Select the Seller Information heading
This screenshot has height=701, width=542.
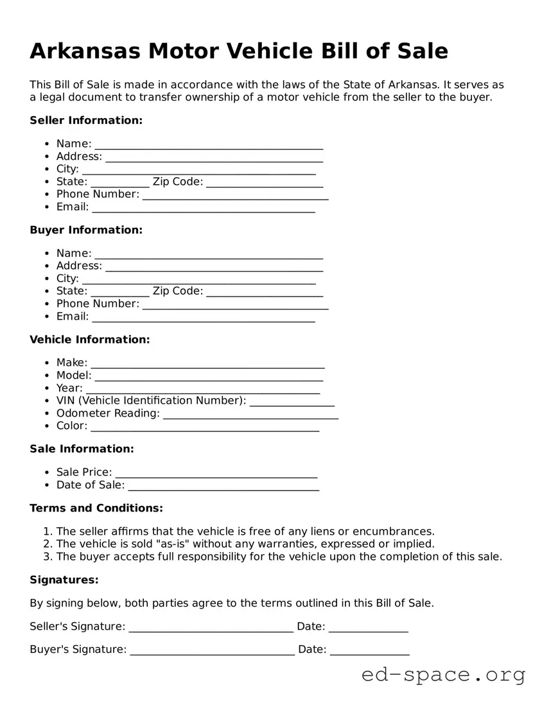tap(86, 120)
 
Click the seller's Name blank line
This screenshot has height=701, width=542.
tap(209, 144)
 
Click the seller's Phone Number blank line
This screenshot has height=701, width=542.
tap(235, 195)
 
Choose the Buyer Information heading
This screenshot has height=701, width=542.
tap(86, 230)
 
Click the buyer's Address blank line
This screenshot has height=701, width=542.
tap(214, 266)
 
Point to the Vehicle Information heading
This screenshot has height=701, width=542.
tap(89, 339)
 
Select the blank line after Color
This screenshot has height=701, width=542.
tap(205, 427)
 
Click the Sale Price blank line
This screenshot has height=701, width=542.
tap(216, 473)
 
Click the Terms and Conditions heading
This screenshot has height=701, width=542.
tap(96, 508)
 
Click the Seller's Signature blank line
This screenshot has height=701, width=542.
tap(211, 627)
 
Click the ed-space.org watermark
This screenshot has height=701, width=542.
tap(443, 675)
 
